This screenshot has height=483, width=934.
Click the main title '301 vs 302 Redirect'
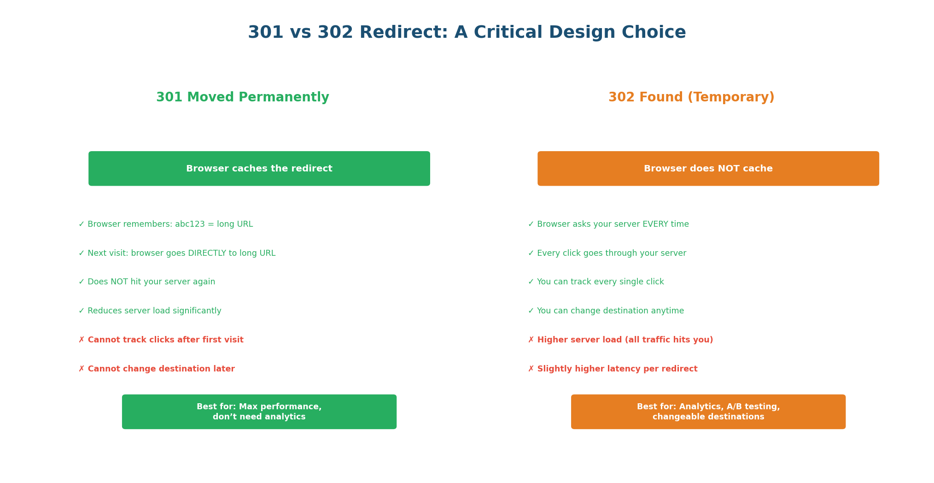click(467, 33)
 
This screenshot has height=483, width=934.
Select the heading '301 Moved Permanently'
click(243, 97)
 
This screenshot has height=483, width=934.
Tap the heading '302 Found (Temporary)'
click(691, 97)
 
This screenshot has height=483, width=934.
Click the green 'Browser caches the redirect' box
click(259, 169)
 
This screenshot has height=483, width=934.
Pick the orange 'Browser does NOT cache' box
click(708, 169)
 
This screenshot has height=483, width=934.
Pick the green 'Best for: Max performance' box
click(259, 412)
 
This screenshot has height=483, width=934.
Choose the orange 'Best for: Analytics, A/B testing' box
click(708, 412)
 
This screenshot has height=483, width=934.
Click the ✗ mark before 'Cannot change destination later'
click(82, 369)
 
